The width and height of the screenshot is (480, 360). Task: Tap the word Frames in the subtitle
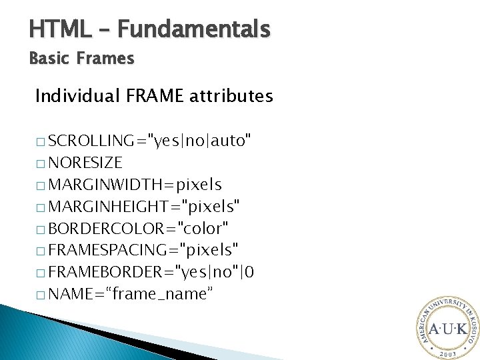pos(105,59)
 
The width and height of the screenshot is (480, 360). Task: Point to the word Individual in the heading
pos(77,97)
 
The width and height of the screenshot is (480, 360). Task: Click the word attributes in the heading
pos(231,97)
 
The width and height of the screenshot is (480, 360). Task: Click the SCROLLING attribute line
pos(150,140)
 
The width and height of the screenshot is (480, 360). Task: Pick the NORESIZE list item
pos(85,162)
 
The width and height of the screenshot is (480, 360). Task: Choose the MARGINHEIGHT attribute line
pos(144,206)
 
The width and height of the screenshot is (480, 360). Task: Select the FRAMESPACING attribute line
pos(143,250)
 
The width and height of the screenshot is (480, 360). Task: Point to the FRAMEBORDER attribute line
pos(150,272)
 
